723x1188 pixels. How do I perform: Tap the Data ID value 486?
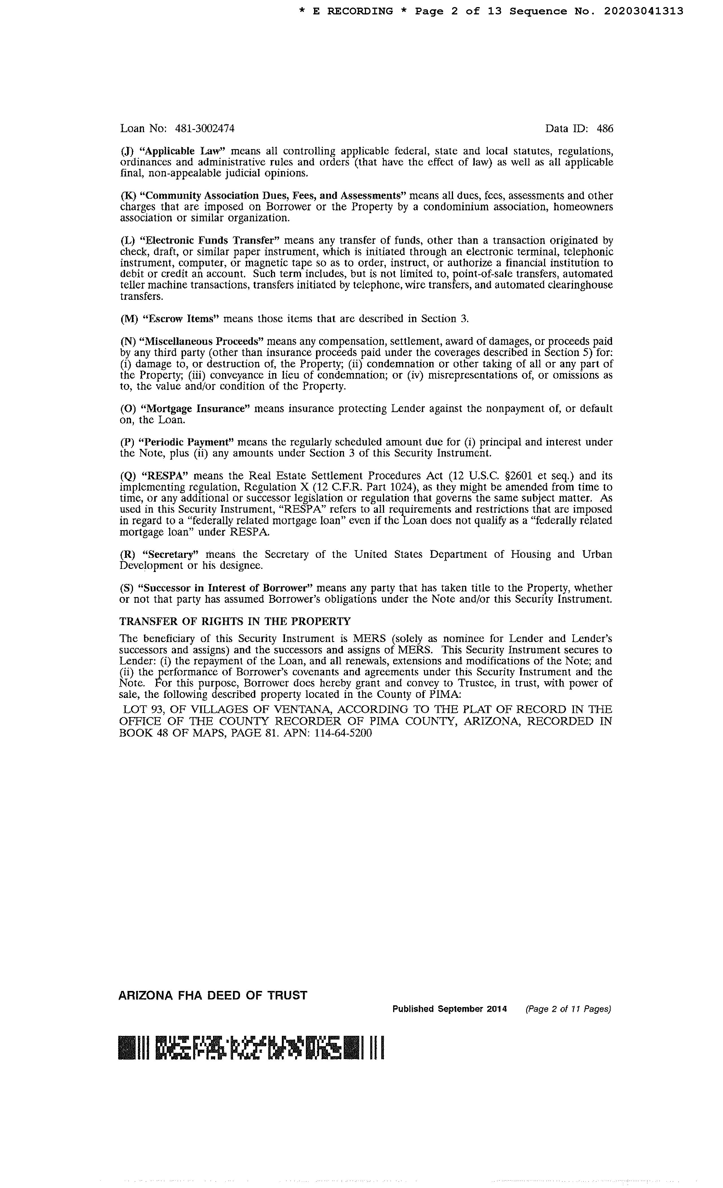click(x=605, y=129)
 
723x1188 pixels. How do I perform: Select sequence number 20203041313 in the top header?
click(x=643, y=11)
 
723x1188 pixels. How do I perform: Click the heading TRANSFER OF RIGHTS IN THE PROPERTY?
click(x=235, y=621)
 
